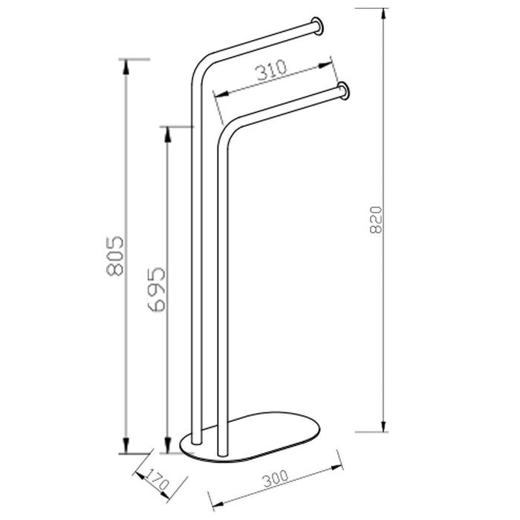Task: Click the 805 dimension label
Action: tap(114, 256)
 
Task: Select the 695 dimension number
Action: tap(156, 289)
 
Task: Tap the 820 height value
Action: tap(376, 220)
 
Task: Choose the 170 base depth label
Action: tap(158, 481)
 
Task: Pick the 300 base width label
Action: tap(276, 478)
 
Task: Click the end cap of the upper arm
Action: tap(317, 25)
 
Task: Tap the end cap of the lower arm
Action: tap(344, 91)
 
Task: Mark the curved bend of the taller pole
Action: tap(199, 65)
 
